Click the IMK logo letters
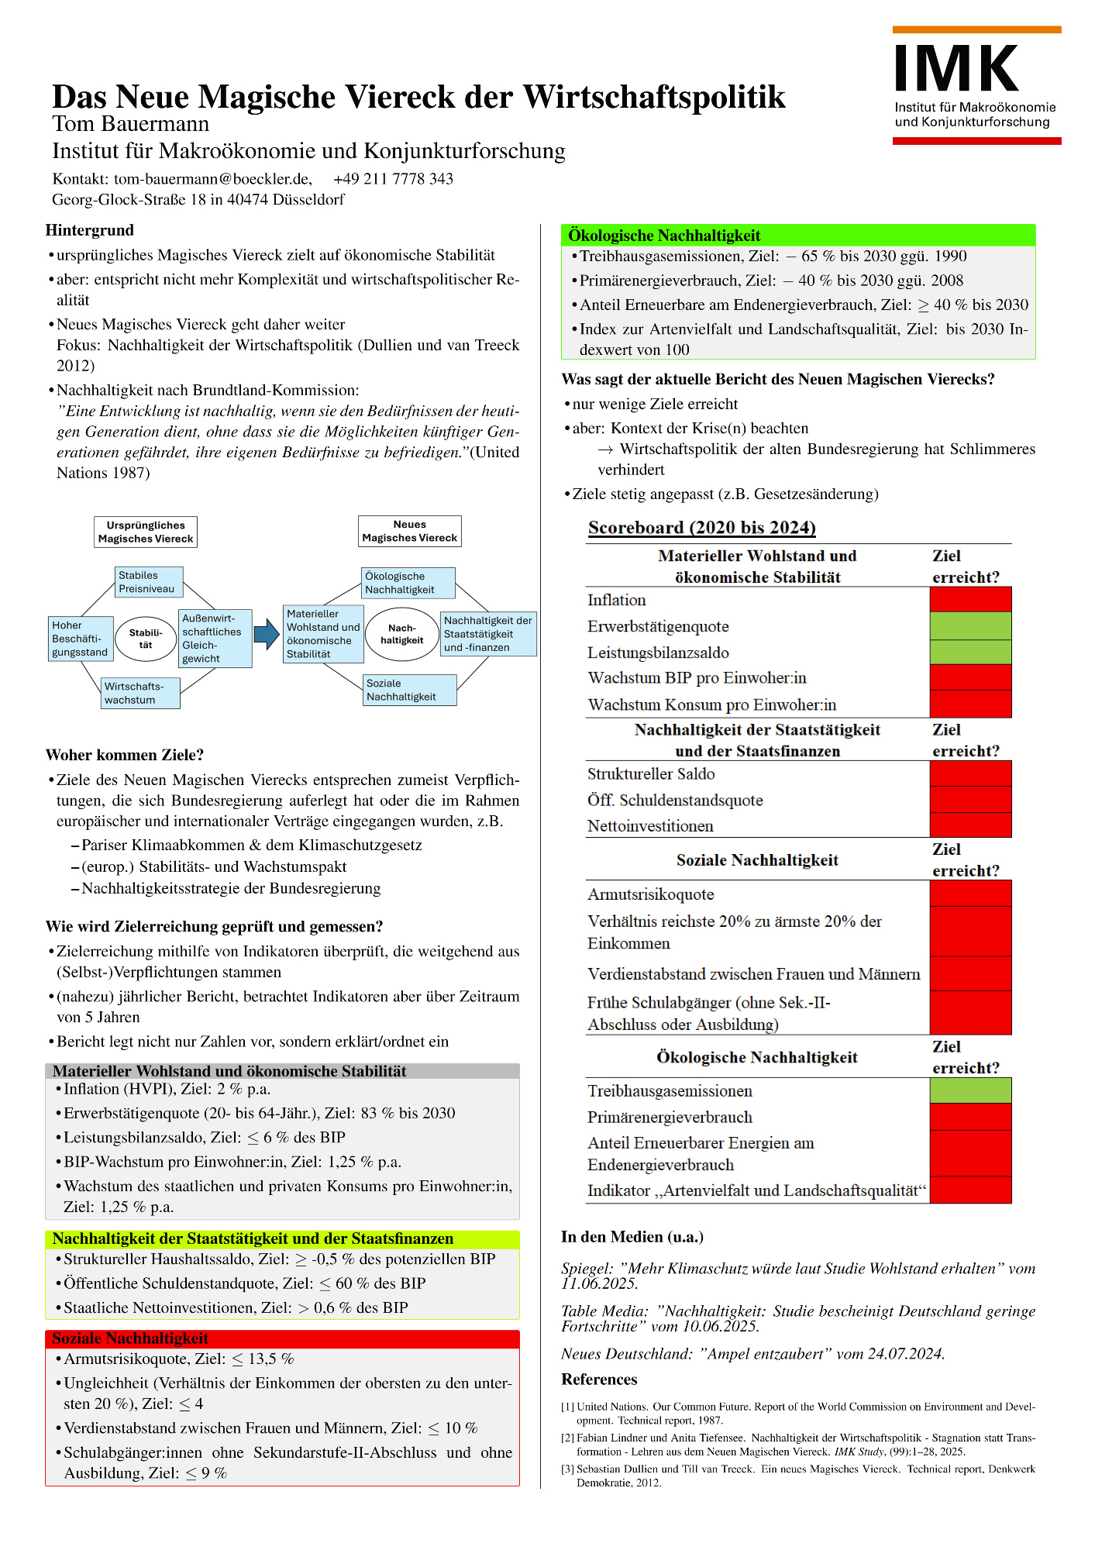pyautogui.click(x=956, y=69)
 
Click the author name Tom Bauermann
pyautogui.click(x=131, y=124)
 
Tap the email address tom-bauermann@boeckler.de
pyautogui.click(x=213, y=179)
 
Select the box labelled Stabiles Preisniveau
pyautogui.click(x=150, y=582)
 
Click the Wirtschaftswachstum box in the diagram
pyautogui.click(x=140, y=693)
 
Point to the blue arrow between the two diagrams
pyautogui.click(x=267, y=635)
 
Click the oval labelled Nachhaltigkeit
pyautogui.click(x=401, y=634)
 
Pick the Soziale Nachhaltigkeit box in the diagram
pyautogui.click(x=410, y=690)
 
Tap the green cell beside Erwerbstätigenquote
pyautogui.click(x=970, y=626)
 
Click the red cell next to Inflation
pyautogui.click(x=970, y=599)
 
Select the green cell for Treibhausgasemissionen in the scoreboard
pyautogui.click(x=970, y=1090)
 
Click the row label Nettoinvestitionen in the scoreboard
pyautogui.click(x=650, y=826)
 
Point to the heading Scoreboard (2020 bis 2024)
pyautogui.click(x=701, y=528)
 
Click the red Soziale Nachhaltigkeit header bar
pyautogui.click(x=282, y=1338)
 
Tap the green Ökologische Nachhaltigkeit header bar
pyautogui.click(x=797, y=236)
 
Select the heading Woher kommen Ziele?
pyautogui.click(x=125, y=755)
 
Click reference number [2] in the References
pyautogui.click(x=567, y=1438)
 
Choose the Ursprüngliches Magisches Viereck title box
pyautogui.click(x=146, y=532)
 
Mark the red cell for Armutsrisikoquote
pyautogui.click(x=970, y=894)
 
